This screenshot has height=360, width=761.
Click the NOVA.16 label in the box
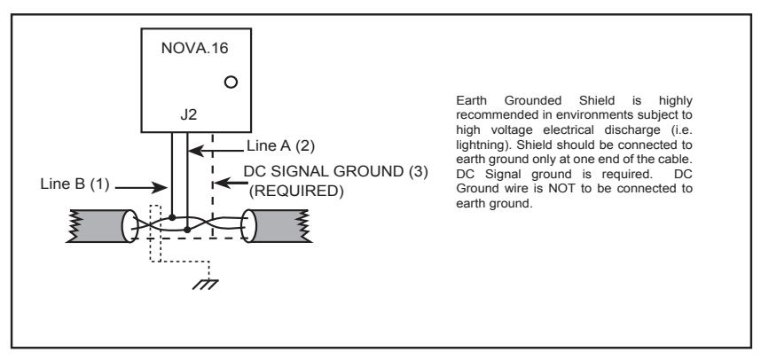click(194, 49)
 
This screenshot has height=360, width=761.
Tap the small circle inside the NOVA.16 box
click(231, 82)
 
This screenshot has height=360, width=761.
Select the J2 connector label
click(189, 116)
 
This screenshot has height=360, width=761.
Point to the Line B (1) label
click(75, 184)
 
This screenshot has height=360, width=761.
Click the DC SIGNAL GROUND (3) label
click(336, 172)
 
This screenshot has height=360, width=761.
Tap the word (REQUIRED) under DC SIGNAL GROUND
click(296, 192)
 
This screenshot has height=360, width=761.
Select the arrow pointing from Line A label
click(216, 151)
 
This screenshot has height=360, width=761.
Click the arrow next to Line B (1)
click(141, 187)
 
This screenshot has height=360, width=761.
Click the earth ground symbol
click(205, 285)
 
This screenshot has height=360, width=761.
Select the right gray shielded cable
click(276, 225)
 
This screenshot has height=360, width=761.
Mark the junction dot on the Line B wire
click(172, 217)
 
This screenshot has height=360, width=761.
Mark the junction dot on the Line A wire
click(187, 228)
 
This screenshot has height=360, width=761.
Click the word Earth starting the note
click(471, 101)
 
